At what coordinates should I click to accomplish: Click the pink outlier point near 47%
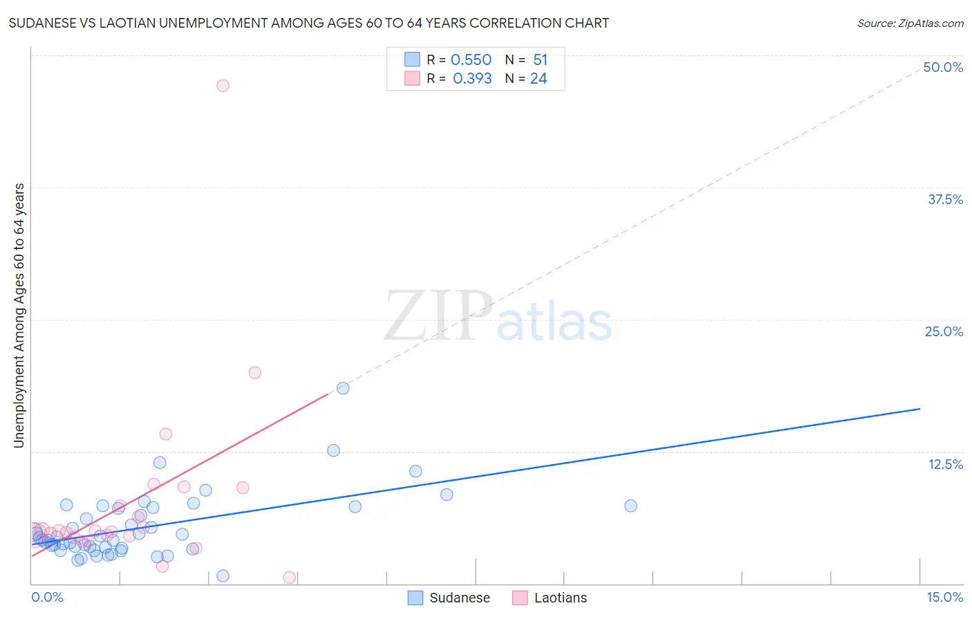click(223, 86)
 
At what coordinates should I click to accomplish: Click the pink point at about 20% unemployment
click(254, 373)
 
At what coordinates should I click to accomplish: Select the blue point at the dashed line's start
click(343, 388)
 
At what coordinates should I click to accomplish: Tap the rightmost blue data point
click(630, 506)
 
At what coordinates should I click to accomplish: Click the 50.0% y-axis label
click(943, 67)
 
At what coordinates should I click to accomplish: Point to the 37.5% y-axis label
click(945, 199)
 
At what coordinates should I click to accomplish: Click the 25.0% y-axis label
click(944, 331)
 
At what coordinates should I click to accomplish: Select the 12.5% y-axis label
click(945, 464)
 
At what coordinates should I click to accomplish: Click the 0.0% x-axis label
click(47, 598)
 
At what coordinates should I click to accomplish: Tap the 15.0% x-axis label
click(944, 598)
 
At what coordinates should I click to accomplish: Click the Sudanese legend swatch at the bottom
click(415, 598)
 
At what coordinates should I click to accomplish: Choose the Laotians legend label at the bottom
click(560, 598)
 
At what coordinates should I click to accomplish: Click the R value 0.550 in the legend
click(471, 60)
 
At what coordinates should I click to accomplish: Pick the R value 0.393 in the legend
click(472, 79)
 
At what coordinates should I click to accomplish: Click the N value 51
click(540, 60)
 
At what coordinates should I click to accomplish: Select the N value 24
click(539, 79)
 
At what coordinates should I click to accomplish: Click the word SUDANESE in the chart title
click(41, 23)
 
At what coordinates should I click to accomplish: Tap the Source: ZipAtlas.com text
click(910, 24)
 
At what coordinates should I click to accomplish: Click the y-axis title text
click(19, 315)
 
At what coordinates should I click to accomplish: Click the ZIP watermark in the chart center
click(437, 316)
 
